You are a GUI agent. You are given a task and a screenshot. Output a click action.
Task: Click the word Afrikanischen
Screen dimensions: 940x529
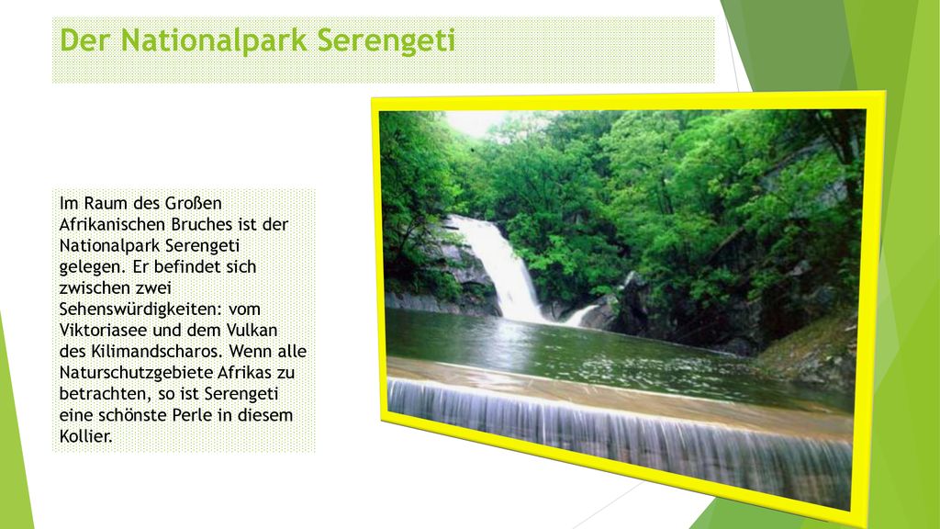tap(113, 224)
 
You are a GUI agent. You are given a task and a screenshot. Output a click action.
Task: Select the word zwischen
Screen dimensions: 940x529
tap(93, 287)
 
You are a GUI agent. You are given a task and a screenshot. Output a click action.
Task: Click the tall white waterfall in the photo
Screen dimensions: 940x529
tap(500, 264)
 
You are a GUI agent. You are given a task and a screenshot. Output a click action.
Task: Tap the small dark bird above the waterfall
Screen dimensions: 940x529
tap(473, 149)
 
